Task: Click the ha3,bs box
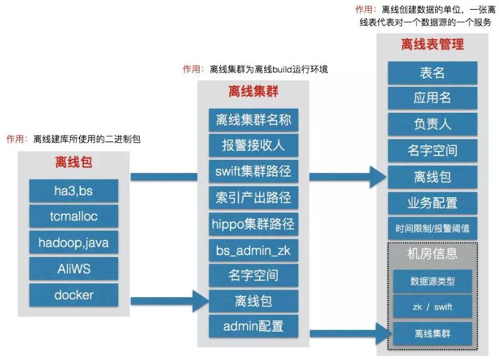[x=74, y=191]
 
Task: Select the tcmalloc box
[x=74, y=216]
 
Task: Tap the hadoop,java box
[x=74, y=243]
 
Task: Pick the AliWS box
[x=74, y=268]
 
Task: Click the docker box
[x=74, y=295]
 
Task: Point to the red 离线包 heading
[x=74, y=163]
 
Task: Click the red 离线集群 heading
[x=253, y=92]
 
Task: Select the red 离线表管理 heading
[x=432, y=45]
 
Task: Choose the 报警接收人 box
[x=253, y=145]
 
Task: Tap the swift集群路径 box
[x=253, y=171]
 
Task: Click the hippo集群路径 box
[x=253, y=224]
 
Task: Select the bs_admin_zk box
[x=253, y=250]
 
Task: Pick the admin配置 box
[x=253, y=326]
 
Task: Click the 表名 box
[x=432, y=73]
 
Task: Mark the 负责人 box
[x=432, y=125]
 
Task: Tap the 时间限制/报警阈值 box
[x=432, y=229]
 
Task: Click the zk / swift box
[x=432, y=307]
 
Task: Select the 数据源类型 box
[x=432, y=281]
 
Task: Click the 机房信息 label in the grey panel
[x=432, y=253]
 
